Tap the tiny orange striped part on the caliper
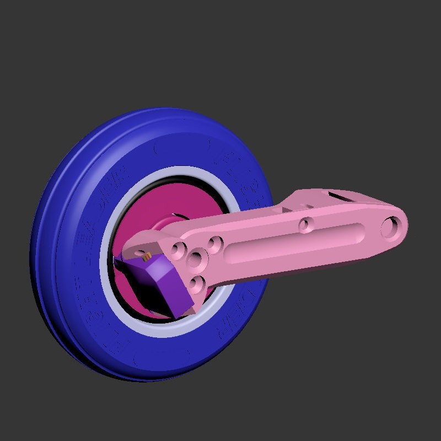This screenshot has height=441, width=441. [x=147, y=256]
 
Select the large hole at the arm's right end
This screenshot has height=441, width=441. [x=392, y=227]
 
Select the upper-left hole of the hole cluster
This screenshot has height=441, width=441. [x=178, y=249]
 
